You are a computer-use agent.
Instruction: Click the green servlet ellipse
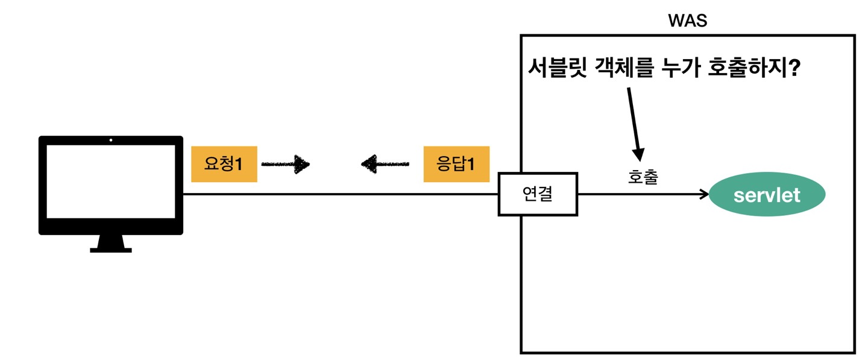coord(767,195)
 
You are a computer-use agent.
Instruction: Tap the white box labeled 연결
coord(538,194)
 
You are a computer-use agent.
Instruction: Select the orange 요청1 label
coord(224,163)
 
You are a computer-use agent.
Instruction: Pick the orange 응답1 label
coord(456,163)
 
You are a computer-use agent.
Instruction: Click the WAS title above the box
coord(688,21)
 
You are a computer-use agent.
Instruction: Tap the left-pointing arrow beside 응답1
coord(385,163)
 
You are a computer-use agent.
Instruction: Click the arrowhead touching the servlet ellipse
coord(704,194)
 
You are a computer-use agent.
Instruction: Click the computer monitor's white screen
coord(111,182)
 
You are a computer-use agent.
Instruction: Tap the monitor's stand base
coord(111,248)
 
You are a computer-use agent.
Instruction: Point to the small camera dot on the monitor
coord(111,141)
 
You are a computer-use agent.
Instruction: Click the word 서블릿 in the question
coord(555,68)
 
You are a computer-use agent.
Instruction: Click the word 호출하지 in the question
coord(753,68)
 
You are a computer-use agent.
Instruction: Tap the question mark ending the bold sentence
coord(794,68)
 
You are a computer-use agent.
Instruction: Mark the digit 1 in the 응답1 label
coord(472,163)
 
